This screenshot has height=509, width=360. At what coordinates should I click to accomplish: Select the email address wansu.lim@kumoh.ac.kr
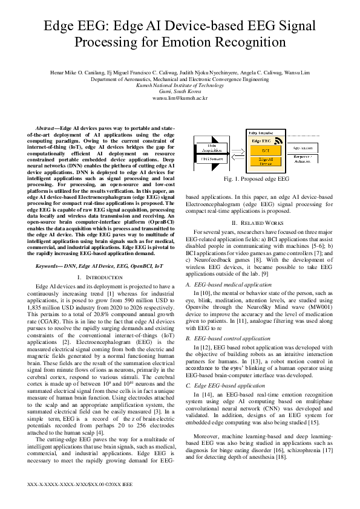click(x=180, y=97)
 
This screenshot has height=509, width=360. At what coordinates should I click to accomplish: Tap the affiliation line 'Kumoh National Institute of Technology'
click(x=180, y=85)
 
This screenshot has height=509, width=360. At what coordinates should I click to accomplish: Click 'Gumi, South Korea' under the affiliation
click(x=180, y=91)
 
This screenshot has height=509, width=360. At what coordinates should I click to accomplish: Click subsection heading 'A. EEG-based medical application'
click(x=228, y=284)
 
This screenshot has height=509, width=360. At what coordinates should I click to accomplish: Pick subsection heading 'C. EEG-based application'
click(x=218, y=384)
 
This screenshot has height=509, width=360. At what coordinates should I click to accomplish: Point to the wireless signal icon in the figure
click(x=279, y=141)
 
